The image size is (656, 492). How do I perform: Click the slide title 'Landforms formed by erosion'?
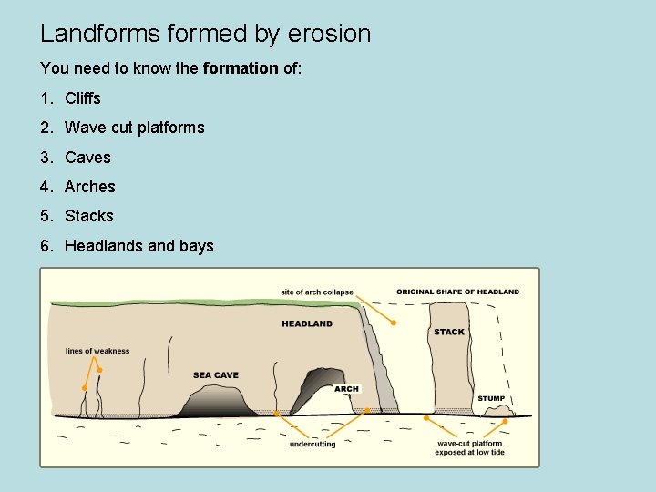pyautogui.click(x=205, y=35)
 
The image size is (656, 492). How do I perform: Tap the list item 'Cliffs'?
pyautogui.click(x=83, y=98)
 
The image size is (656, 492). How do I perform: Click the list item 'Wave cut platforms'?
pyautogui.click(x=134, y=128)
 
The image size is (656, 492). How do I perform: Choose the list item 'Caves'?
pyautogui.click(x=87, y=158)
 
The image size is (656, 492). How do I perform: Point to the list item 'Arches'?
pyautogui.click(x=90, y=187)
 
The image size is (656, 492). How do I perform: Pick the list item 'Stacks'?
pyautogui.click(x=89, y=216)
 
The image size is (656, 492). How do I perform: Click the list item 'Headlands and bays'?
pyautogui.click(x=138, y=246)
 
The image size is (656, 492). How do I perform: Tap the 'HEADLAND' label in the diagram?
pyautogui.click(x=307, y=323)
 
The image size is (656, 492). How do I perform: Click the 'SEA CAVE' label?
pyautogui.click(x=216, y=375)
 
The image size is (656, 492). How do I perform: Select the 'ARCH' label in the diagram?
pyautogui.click(x=346, y=389)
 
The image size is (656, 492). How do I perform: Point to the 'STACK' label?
pyautogui.click(x=449, y=332)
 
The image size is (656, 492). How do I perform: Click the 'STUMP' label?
pyautogui.click(x=491, y=398)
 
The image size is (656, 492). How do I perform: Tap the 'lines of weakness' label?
pyautogui.click(x=97, y=351)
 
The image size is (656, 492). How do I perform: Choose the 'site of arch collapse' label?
pyautogui.click(x=317, y=292)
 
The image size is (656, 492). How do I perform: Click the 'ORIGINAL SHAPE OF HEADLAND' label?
pyautogui.click(x=457, y=292)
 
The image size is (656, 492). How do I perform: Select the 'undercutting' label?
pyautogui.click(x=313, y=444)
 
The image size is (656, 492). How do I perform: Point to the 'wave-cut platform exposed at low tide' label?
pyautogui.click(x=469, y=447)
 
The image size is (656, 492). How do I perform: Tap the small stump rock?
pyautogui.click(x=498, y=413)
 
